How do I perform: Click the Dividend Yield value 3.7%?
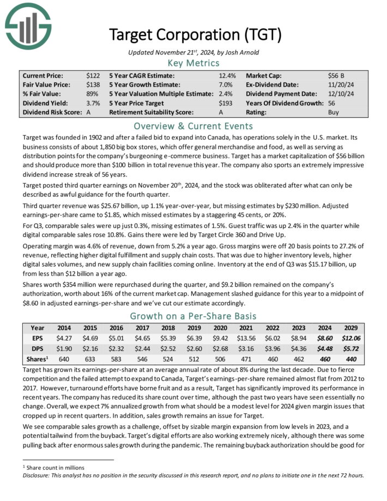(93, 103)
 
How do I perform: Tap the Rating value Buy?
(334, 112)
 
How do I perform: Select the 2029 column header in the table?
(350, 328)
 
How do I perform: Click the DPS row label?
(37, 349)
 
